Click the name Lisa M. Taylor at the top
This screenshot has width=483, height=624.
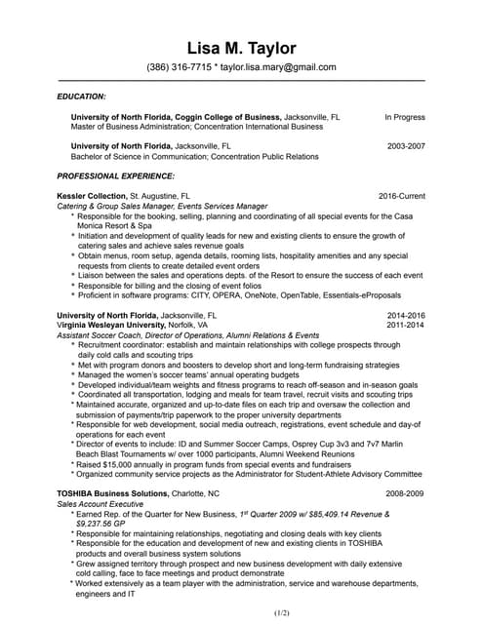pos(241,48)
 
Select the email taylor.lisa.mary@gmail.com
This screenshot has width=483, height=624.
pos(279,68)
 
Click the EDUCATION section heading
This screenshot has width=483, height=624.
pos(82,97)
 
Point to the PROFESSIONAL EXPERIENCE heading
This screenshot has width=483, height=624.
pos(116,175)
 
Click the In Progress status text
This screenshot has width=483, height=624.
pos(404,116)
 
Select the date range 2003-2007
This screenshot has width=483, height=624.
pos(406,145)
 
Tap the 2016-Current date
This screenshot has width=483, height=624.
pos(401,196)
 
